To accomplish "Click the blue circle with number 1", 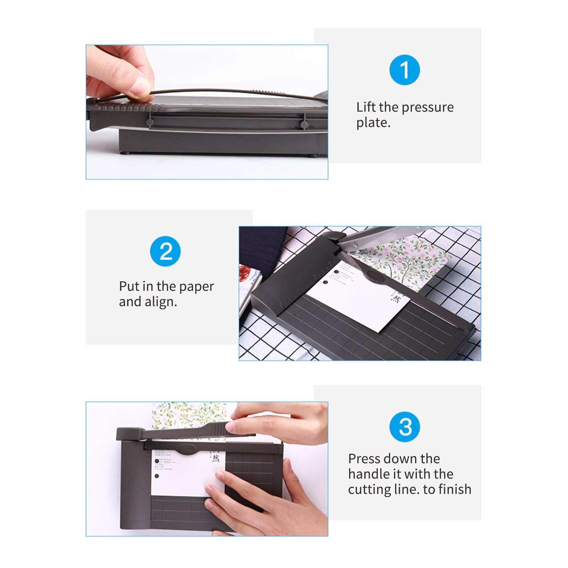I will pyautogui.click(x=404, y=70).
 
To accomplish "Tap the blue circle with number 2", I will pyautogui.click(x=165, y=251).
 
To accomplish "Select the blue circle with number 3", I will pyautogui.click(x=404, y=426).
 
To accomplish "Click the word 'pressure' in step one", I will pyautogui.click(x=428, y=107).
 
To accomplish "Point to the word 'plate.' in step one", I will pyautogui.click(x=373, y=123).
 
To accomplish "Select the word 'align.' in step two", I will pyautogui.click(x=160, y=302).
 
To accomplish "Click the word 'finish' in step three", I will pyautogui.click(x=455, y=489).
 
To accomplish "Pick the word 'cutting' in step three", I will pyautogui.click(x=369, y=490).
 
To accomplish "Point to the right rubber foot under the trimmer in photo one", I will pyautogui.click(x=312, y=155).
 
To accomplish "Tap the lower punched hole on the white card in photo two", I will pyautogui.click(x=325, y=283).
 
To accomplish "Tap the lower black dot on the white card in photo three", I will pyautogui.click(x=157, y=476).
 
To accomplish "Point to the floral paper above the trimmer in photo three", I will pyautogui.click(x=188, y=414).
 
